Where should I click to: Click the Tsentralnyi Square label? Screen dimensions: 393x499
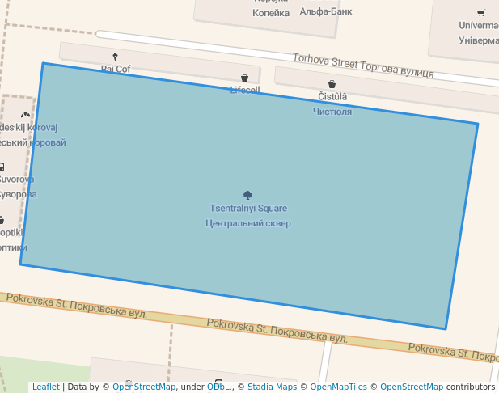248,209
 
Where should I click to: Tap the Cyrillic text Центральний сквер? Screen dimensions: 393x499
248,223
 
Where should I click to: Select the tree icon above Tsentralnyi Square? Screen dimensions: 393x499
248,194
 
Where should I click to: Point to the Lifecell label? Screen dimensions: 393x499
244,90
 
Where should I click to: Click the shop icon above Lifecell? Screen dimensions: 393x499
244,78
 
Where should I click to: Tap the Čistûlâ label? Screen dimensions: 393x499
332,97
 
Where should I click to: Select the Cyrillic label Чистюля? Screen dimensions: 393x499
332,112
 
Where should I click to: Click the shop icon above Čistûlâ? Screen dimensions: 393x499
332,84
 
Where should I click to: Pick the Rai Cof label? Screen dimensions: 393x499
116,69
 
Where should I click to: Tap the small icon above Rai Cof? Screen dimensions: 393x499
115,57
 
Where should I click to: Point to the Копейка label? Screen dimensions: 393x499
270,13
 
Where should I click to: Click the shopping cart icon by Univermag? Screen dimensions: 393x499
481,12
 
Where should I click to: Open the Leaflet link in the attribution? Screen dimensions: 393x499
45,387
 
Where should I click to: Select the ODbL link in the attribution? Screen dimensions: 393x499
218,387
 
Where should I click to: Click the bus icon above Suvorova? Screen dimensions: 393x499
2,167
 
